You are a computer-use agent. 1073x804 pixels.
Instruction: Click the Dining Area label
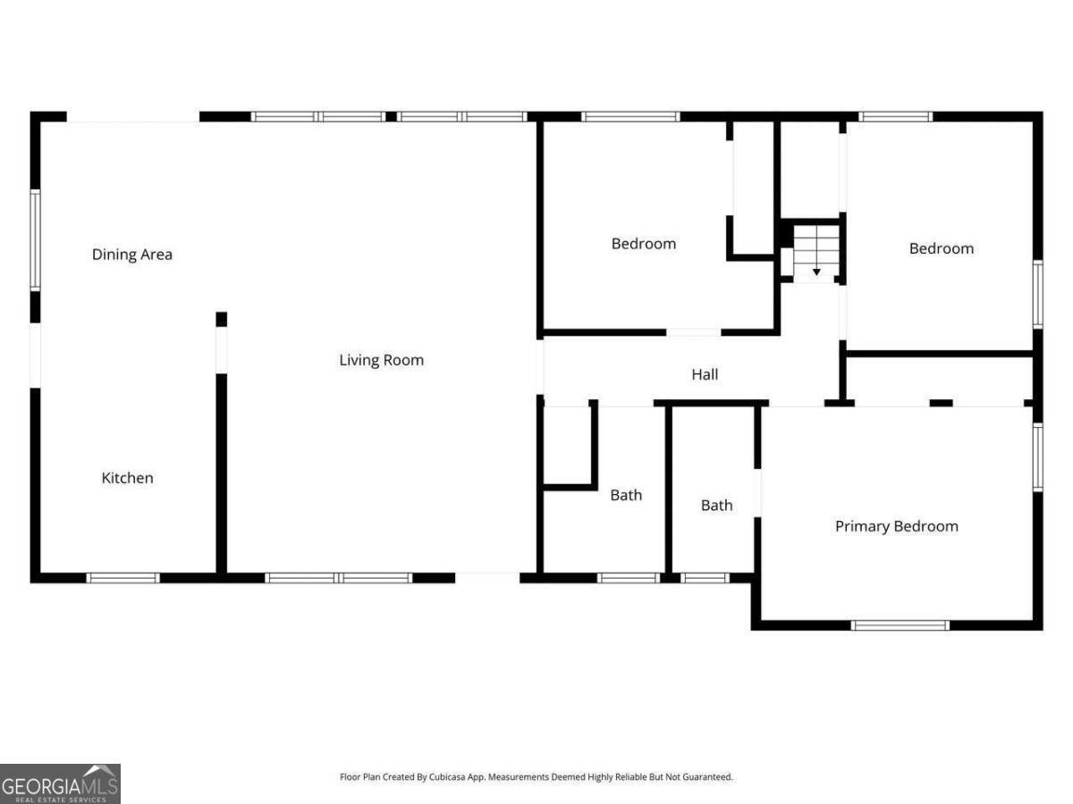point(132,255)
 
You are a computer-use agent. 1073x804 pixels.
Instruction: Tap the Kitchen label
point(127,478)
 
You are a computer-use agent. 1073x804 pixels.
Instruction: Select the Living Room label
point(381,360)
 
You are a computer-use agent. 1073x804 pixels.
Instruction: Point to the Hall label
point(705,375)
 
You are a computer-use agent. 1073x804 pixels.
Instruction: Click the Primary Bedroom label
point(896,526)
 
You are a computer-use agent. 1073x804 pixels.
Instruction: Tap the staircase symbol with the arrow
point(816,252)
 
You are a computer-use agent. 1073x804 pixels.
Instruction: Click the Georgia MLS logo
point(60,783)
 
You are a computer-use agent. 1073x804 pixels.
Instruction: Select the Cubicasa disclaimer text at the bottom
point(536,777)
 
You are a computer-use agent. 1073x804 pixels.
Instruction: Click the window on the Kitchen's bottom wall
point(123,578)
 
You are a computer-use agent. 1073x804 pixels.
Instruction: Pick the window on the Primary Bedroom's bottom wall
point(900,625)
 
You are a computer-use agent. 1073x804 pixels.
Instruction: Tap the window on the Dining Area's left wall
point(36,239)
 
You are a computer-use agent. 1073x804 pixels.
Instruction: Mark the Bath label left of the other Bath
point(626,495)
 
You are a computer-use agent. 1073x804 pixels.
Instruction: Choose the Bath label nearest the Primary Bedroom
point(716,506)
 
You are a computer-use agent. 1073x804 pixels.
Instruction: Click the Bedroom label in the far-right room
point(941,248)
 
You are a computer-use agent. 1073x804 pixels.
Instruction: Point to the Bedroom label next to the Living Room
point(643,243)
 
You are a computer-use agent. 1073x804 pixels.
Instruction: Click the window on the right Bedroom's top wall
point(895,116)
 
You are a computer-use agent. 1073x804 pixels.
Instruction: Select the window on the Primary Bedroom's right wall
point(1037,457)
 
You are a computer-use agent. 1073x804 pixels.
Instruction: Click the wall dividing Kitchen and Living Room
point(221,473)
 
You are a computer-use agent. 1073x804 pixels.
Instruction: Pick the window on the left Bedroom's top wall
point(630,116)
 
